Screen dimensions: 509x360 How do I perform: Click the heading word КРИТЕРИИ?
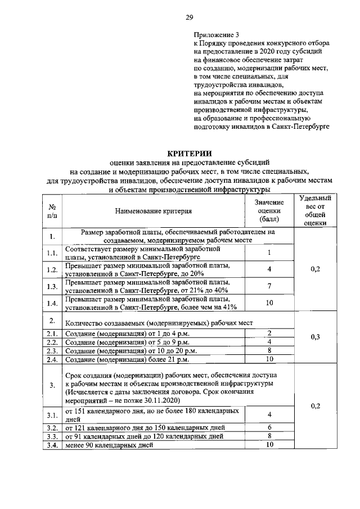tap(190, 152)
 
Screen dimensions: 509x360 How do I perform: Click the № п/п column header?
tap(52, 211)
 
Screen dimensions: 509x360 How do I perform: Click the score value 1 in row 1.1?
tap(269, 253)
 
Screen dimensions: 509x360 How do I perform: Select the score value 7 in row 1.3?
tap(269, 286)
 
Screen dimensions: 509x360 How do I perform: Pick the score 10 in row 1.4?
tap(269, 303)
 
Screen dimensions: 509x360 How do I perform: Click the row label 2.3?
tap(52, 350)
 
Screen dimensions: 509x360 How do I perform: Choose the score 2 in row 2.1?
tap(269, 334)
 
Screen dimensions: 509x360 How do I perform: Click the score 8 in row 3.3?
tap(269, 435)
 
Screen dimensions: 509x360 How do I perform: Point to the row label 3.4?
tap(52, 444)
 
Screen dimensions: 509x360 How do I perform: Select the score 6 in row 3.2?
tap(269, 427)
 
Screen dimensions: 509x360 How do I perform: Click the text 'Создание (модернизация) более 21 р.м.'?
tap(127, 359)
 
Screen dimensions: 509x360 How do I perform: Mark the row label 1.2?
tap(52, 270)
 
